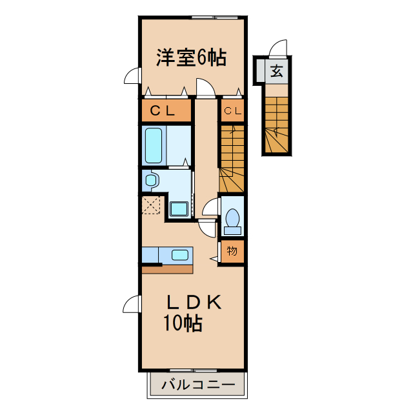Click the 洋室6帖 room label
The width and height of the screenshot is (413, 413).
pos(191,57)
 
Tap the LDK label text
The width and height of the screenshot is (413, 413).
pos(195,301)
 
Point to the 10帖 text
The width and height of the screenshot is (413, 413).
pos(182,323)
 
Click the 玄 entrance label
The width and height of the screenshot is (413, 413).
pos(276,72)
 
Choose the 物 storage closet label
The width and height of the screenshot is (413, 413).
pos(232,251)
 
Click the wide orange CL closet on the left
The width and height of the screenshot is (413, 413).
pos(166,110)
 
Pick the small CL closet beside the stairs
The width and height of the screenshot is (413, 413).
pos(232,111)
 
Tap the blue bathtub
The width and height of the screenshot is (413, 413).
pos(154,145)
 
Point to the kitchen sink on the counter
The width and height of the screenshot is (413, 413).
pos(179,255)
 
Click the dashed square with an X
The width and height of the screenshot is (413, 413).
pos(152,206)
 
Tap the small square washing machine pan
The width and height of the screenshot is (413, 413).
pos(178,208)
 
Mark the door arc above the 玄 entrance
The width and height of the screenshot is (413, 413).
pos(278,48)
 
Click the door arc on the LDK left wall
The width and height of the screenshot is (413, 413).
pos(132,305)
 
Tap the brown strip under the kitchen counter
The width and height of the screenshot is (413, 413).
pos(166,268)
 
